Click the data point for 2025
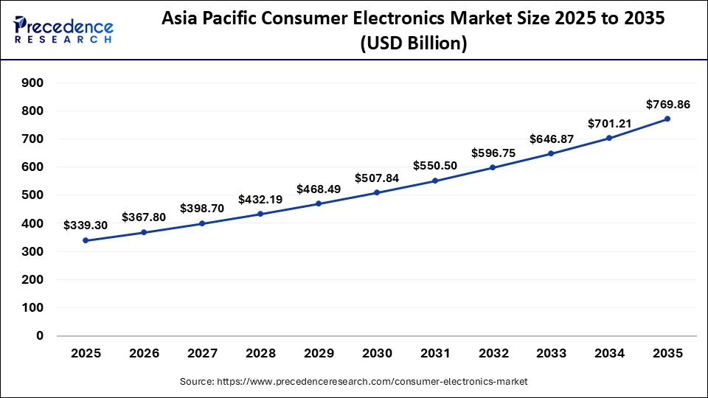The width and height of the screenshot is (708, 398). pyautogui.click(x=86, y=240)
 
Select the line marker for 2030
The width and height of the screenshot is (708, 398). pyautogui.click(x=377, y=192)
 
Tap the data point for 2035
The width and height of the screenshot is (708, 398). pyautogui.click(x=667, y=119)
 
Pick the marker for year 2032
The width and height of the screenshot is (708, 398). pyautogui.click(x=493, y=167)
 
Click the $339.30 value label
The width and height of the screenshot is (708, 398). pyautogui.click(x=86, y=225)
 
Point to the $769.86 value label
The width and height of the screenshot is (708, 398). pyautogui.click(x=667, y=105)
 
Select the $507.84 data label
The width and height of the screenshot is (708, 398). pyautogui.click(x=377, y=178)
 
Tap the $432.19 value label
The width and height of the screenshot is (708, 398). pyautogui.click(x=260, y=200)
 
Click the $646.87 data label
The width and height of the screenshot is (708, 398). pyautogui.click(x=552, y=139)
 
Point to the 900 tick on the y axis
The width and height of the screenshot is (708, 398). pyautogui.click(x=33, y=83)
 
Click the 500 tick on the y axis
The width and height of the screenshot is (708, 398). pyautogui.click(x=33, y=195)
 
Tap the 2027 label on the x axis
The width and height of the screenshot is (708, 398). pyautogui.click(x=202, y=354)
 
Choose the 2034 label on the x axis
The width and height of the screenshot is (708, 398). pyautogui.click(x=609, y=354)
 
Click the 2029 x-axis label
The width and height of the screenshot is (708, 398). pyautogui.click(x=319, y=354)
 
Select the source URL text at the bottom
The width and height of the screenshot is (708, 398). pyautogui.click(x=354, y=382)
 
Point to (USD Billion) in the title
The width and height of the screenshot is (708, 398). pyautogui.click(x=413, y=44)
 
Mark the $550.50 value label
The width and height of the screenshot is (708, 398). pyautogui.click(x=435, y=166)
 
